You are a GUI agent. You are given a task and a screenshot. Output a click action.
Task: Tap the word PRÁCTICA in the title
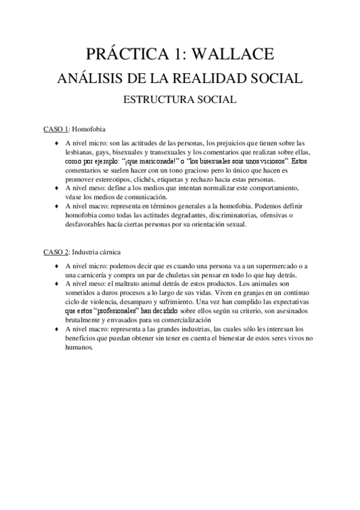pos(126,55)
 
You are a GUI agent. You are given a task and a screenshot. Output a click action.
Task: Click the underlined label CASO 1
pos(55,129)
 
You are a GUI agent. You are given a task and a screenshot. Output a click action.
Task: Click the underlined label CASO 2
pos(55,251)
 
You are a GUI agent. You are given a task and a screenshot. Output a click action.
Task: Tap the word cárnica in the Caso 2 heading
pos(125,251)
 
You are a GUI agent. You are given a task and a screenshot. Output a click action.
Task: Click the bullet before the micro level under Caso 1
pos(56,144)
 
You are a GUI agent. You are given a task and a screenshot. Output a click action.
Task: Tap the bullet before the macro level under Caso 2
pos(56,330)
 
